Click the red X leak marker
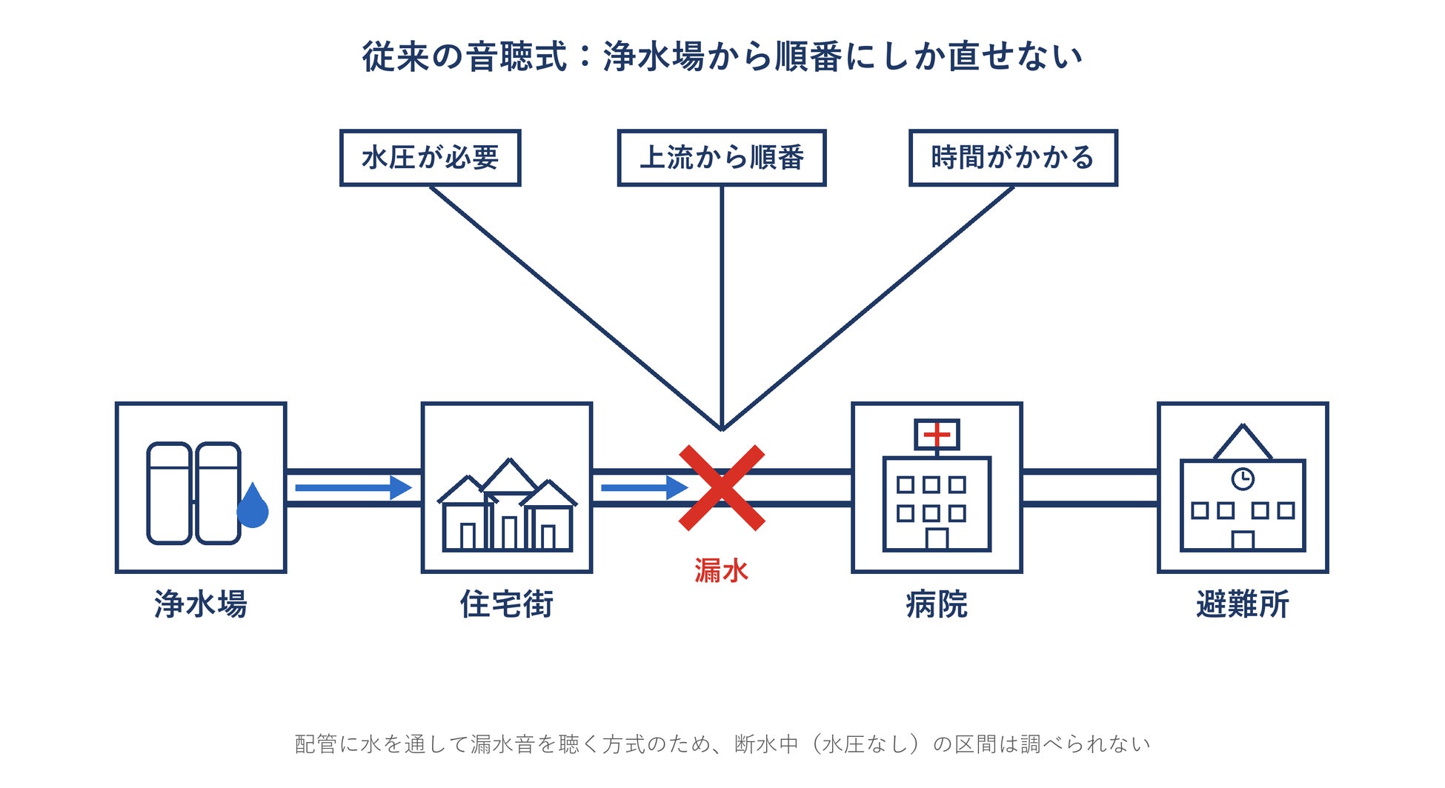[722, 487]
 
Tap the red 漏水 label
[721, 570]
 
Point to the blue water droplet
[253, 505]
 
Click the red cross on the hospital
[937, 434]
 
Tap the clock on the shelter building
[1243, 479]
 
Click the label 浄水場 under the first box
[201, 604]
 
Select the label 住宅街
[507, 604]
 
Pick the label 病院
[937, 604]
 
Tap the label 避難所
[1243, 604]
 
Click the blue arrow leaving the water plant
[353, 487]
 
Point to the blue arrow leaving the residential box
[645, 487]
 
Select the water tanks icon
[194, 493]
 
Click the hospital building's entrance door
[937, 538]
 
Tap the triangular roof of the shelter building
[1243, 442]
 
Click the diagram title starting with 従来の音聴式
[722, 56]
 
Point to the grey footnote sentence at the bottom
[722, 744]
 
